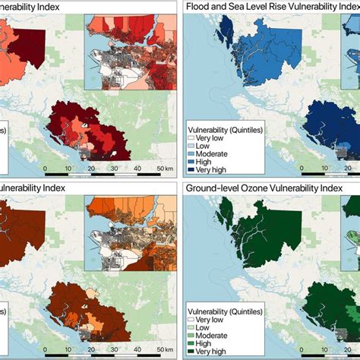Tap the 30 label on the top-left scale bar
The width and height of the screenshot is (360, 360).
coord(115,168)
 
